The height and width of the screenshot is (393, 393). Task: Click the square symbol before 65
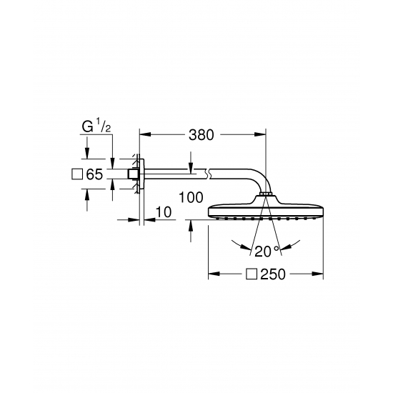pos(78,174)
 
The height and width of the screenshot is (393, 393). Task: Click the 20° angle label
pos(266,250)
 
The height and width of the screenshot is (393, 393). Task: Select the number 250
pos(272,274)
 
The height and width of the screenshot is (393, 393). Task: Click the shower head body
pos(265,212)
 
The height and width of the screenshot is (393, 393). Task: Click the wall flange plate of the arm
pos(141,174)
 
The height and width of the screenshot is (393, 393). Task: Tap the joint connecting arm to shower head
pos(265,194)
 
